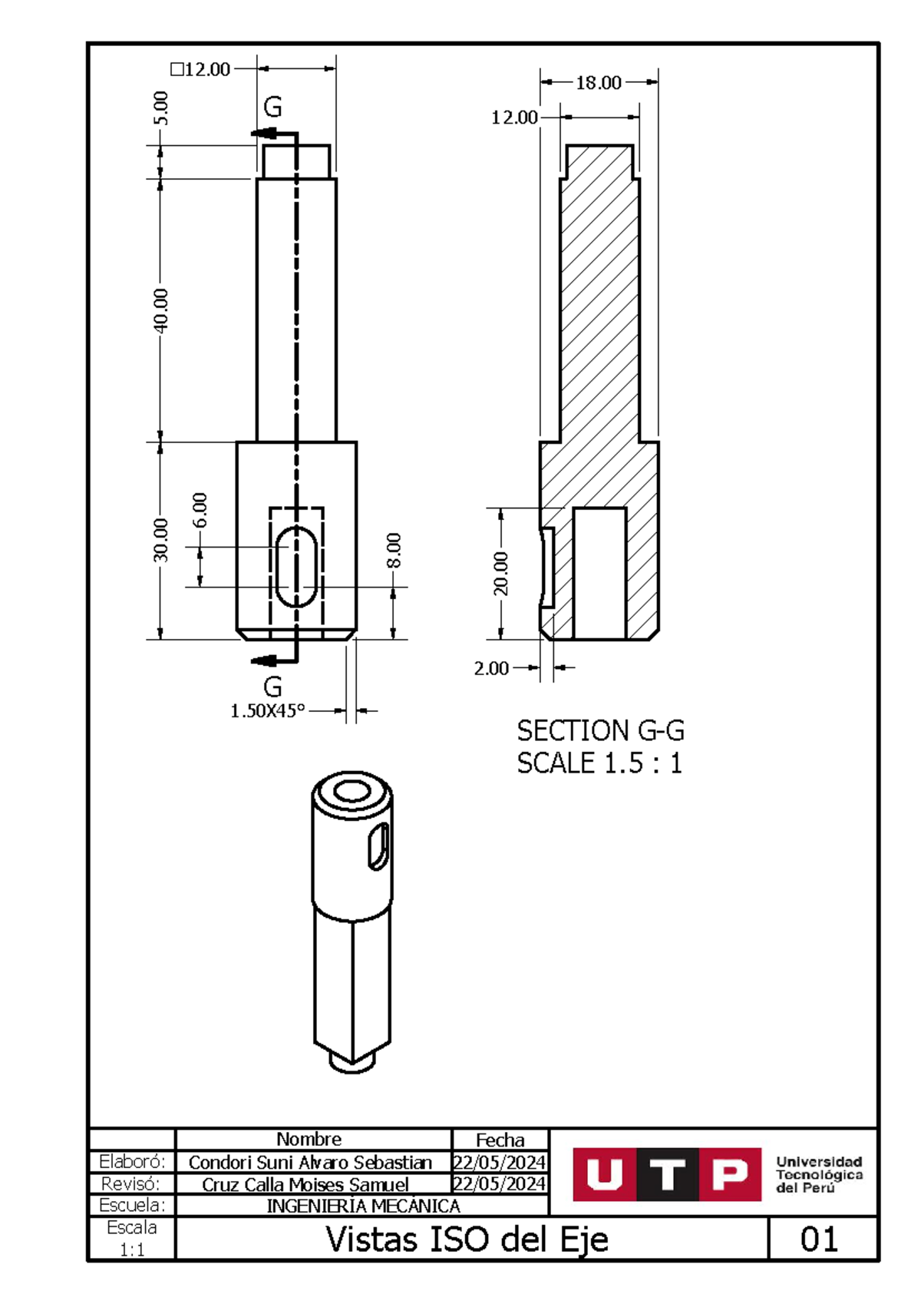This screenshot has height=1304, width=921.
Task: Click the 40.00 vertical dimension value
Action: coord(160,310)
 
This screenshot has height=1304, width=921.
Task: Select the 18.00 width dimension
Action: coord(599,83)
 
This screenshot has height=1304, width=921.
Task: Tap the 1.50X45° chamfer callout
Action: coord(268,711)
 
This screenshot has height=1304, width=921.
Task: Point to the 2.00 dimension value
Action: coord(491,668)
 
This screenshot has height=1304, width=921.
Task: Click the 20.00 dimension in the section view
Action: coord(500,573)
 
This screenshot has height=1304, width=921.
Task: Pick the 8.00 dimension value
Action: coord(393,550)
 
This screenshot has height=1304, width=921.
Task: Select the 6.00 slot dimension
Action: coord(200,510)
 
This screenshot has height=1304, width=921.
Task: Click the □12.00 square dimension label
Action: coord(200,70)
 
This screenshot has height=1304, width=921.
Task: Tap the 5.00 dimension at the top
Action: coord(160,108)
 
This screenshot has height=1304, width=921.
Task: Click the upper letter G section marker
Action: coord(272,107)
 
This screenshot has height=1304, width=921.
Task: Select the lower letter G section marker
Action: coord(272,687)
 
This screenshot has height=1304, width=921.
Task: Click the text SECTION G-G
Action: coord(600,730)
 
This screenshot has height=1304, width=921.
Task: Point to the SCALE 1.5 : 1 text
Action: coord(599,763)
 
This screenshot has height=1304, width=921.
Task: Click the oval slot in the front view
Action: coord(296,567)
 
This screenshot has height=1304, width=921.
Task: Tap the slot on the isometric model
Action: coord(378,846)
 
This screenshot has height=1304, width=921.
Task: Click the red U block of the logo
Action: coord(605,1174)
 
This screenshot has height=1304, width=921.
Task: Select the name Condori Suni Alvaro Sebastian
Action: coord(310,1163)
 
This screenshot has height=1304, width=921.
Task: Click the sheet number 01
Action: coord(819,1239)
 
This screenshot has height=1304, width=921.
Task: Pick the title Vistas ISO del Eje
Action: coord(467,1239)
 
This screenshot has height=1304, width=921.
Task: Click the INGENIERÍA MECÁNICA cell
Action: coord(363,1206)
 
